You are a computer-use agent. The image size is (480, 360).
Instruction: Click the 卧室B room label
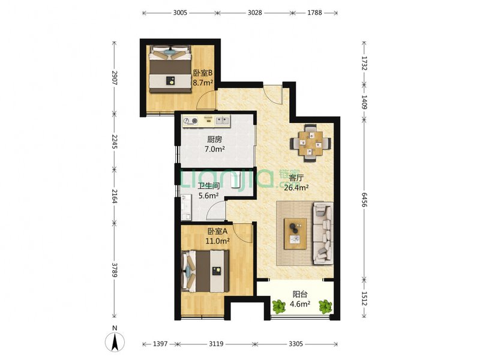(203, 73)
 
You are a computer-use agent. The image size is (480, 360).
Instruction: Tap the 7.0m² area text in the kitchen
(215, 149)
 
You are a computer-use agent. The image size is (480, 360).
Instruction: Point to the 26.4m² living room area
(296, 187)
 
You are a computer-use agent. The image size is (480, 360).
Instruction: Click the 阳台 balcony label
(300, 295)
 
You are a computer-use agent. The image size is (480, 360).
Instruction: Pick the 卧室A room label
(217, 232)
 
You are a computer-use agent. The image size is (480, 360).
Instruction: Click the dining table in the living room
(310, 143)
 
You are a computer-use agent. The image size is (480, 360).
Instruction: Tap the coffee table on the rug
(295, 233)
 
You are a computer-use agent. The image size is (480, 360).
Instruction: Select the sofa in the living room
(323, 233)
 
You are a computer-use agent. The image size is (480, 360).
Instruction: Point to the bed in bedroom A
(205, 271)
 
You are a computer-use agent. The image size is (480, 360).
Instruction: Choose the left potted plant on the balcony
(279, 307)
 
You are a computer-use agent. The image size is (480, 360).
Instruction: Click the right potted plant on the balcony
(325, 307)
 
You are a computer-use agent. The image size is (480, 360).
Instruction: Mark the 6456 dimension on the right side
(364, 200)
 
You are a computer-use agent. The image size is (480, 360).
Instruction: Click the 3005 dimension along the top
(180, 13)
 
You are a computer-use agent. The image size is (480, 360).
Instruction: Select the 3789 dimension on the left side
(115, 270)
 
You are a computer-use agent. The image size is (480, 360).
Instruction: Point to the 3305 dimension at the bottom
(296, 344)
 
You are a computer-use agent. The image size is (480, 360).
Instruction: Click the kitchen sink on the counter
(222, 121)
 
